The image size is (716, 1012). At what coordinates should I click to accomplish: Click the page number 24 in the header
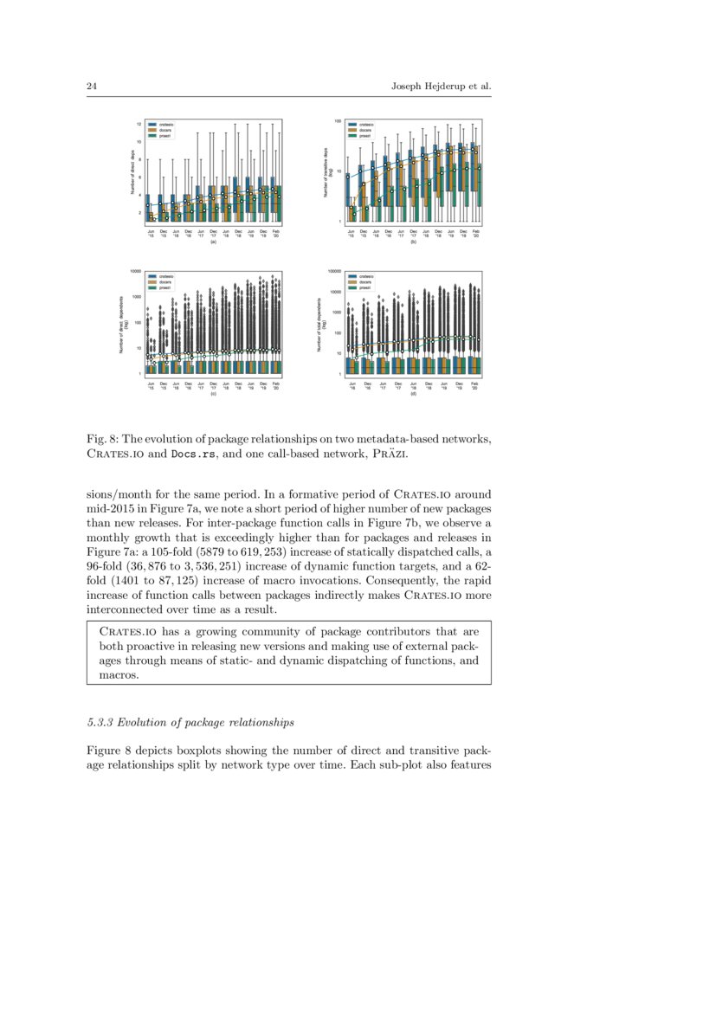(x=91, y=87)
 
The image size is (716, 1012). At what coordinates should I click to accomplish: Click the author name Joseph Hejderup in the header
(x=428, y=87)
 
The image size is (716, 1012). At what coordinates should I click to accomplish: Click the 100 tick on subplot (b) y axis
(x=339, y=122)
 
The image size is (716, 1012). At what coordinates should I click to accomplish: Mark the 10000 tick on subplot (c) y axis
(x=135, y=271)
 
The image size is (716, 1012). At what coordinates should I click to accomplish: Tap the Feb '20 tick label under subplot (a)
(x=276, y=234)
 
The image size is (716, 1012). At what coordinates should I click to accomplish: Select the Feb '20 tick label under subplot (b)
(x=475, y=234)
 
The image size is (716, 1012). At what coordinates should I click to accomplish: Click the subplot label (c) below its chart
(x=213, y=395)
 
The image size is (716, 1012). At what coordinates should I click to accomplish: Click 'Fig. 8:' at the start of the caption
(x=102, y=438)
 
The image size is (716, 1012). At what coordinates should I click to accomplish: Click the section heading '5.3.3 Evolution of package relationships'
(x=190, y=721)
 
